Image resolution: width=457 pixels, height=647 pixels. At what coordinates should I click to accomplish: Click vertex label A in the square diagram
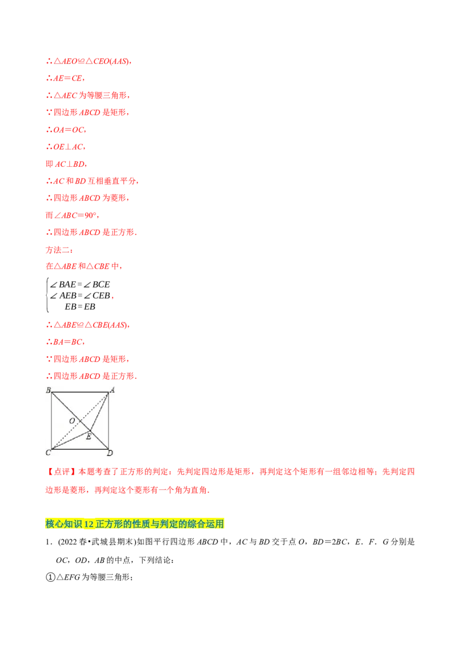click(113, 390)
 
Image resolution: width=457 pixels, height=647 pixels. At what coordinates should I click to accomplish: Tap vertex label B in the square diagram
click(48, 390)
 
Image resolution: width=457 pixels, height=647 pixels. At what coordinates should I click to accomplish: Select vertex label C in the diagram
click(47, 453)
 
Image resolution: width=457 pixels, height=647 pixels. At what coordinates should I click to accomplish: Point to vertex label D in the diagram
click(110, 453)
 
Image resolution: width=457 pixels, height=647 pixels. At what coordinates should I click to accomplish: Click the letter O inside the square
click(72, 421)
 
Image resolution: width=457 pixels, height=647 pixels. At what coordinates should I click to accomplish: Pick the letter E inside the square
click(88, 437)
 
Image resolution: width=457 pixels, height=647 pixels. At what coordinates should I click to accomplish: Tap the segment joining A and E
click(100, 412)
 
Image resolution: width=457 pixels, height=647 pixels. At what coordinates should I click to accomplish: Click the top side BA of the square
click(80, 392)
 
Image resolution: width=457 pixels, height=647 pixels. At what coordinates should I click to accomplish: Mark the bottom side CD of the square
click(80, 449)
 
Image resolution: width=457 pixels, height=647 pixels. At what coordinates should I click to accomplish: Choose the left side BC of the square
click(51, 421)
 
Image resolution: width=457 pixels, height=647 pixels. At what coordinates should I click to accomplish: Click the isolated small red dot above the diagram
click(112, 298)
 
